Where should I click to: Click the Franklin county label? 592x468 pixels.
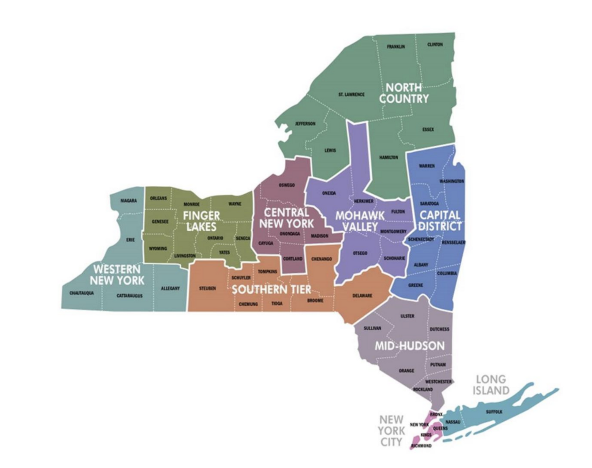(x=395, y=47)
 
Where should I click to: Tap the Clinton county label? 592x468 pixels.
(x=435, y=45)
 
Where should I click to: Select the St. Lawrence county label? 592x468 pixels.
(x=351, y=95)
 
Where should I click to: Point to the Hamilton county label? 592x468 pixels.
(x=388, y=158)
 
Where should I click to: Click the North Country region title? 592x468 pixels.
(x=404, y=93)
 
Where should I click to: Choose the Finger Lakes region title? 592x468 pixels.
(x=201, y=221)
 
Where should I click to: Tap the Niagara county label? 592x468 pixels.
(x=128, y=201)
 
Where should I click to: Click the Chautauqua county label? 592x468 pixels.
(x=81, y=293)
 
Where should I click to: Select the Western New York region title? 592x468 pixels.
(x=117, y=275)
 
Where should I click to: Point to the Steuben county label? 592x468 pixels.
(x=207, y=289)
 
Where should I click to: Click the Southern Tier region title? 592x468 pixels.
(x=271, y=290)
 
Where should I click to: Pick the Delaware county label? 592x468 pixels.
(x=362, y=296)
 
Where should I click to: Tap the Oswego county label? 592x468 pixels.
(x=287, y=185)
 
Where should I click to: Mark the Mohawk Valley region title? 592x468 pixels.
(x=360, y=221)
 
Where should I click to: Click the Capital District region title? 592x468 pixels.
(x=440, y=221)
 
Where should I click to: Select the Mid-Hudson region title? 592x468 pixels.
(x=409, y=346)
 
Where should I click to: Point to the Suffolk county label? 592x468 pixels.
(x=494, y=412)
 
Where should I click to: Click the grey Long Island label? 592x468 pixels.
(x=490, y=385)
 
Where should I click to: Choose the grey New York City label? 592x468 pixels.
(x=391, y=431)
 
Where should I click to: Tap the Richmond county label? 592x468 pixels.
(x=421, y=446)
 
